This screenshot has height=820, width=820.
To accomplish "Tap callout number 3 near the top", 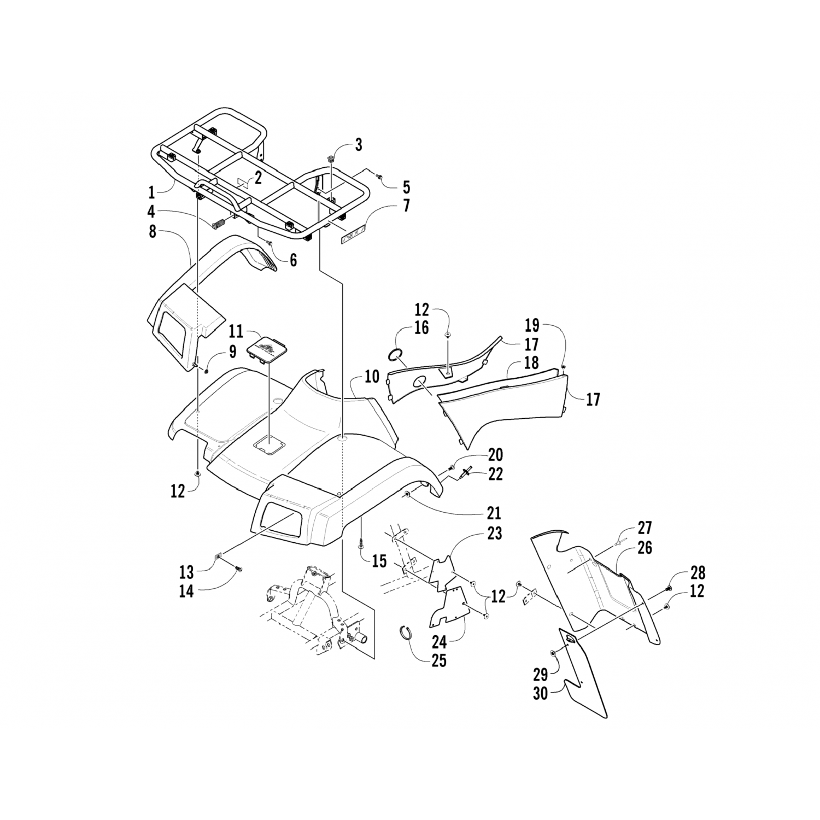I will [358, 145].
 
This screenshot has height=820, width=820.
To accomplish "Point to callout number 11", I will [236, 331].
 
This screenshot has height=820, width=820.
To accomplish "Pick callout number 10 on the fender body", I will [372, 377].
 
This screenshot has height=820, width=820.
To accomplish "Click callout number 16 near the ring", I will [421, 328].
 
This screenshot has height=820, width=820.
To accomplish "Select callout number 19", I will [532, 326].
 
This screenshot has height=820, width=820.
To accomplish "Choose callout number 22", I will [495, 474].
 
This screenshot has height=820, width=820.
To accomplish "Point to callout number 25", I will [439, 660].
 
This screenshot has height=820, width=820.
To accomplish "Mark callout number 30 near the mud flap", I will [541, 694].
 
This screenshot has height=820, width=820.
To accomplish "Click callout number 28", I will [698, 573].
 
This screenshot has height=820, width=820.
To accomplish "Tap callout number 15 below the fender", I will [379, 560].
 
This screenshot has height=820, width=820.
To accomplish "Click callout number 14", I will [186, 591].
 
